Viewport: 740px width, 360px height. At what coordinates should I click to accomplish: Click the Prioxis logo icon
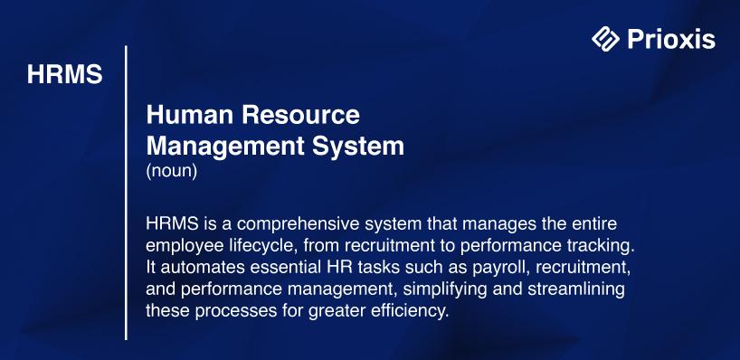[x=605, y=38]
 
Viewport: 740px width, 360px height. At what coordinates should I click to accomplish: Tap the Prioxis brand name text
[x=671, y=39]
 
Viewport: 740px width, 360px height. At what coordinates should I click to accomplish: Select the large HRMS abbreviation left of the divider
[x=64, y=74]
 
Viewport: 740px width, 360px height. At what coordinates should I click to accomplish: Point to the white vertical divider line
[x=126, y=193]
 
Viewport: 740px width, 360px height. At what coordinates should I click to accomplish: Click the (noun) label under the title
[x=171, y=171]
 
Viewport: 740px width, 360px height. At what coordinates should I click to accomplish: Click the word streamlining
[x=575, y=289]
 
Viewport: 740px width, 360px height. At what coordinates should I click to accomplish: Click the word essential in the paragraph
[x=286, y=268]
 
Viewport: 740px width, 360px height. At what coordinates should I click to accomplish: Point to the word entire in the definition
[x=593, y=223]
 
